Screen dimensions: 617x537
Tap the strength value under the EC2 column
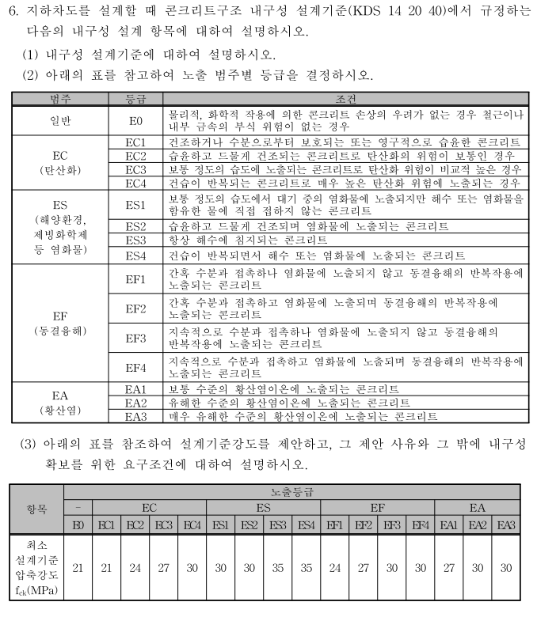(x=135, y=568)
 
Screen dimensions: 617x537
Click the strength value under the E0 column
(x=78, y=568)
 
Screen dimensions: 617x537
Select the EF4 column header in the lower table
(x=420, y=525)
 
